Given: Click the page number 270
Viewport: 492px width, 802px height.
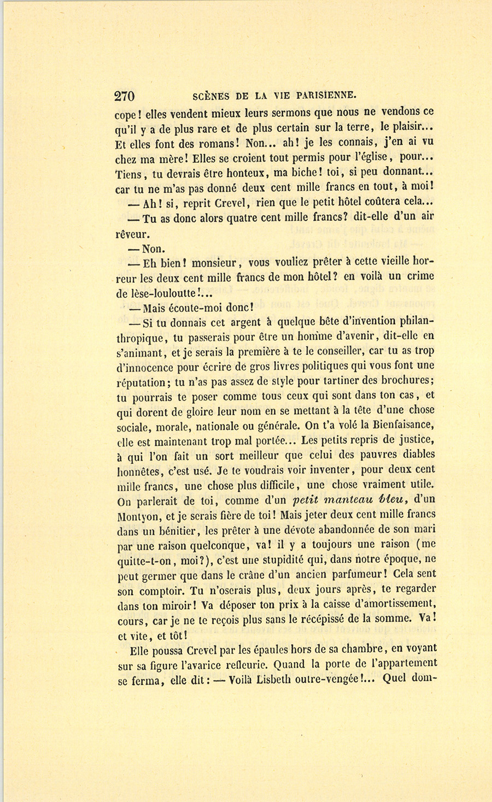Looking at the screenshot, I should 124,96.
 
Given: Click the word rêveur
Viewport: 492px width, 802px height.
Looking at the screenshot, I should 132,234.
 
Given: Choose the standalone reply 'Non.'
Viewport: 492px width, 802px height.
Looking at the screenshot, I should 153,249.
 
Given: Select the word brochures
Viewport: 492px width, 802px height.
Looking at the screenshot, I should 403,381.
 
